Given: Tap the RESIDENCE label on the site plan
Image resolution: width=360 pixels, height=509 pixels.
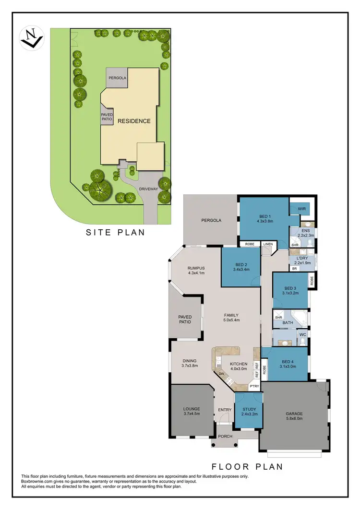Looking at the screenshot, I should click(x=134, y=121).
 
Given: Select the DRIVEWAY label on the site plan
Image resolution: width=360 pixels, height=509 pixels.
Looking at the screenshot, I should click(x=148, y=189).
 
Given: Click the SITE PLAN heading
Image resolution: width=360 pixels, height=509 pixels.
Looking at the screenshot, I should click(x=115, y=233).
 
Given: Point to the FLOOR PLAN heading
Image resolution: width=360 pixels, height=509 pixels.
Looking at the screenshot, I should click(x=247, y=466).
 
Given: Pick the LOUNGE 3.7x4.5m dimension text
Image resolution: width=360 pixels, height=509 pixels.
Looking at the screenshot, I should click(x=191, y=414).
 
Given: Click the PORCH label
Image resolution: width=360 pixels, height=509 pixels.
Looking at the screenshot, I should click(x=225, y=436).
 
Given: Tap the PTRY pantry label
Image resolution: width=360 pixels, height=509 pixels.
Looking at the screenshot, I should click(x=254, y=385).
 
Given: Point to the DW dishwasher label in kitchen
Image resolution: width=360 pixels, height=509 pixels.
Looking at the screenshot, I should click(x=221, y=373).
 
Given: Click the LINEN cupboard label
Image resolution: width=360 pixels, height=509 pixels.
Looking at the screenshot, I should click(x=267, y=244).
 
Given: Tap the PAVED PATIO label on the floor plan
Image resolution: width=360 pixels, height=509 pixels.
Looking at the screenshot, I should click(x=185, y=319).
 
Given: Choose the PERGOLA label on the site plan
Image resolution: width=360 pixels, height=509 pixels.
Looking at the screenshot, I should click(x=117, y=77).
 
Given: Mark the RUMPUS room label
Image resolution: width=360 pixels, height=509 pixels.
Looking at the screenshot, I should click(x=196, y=268).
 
